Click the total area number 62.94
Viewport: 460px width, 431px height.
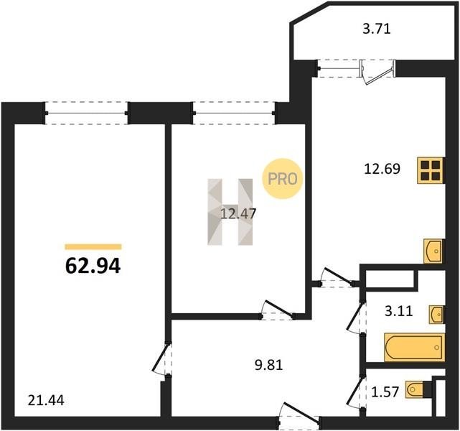[x=93, y=266]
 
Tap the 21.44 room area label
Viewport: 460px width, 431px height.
[x=46, y=400]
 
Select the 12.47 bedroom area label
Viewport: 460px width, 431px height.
[x=238, y=213]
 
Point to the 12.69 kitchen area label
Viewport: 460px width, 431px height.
[x=382, y=169]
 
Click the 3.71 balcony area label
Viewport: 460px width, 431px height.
[x=377, y=29]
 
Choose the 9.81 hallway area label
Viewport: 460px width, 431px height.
[x=268, y=365]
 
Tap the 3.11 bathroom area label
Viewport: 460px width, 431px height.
[x=399, y=311]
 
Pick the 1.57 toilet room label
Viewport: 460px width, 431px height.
[x=385, y=391]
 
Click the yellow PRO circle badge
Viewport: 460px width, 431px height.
[x=282, y=179]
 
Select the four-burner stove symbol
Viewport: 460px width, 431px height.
[x=431, y=170]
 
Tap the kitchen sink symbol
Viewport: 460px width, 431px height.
[x=433, y=251]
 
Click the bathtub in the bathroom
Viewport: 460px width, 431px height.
[x=414, y=348]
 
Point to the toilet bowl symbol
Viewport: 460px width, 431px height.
[x=415, y=389]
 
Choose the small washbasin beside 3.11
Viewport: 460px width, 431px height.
[x=436, y=315]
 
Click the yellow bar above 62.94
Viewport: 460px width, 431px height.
[x=93, y=246]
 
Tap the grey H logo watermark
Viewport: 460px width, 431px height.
[x=230, y=212]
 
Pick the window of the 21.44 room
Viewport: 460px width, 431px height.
[x=87, y=113]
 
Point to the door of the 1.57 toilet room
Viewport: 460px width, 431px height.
[x=356, y=391]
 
